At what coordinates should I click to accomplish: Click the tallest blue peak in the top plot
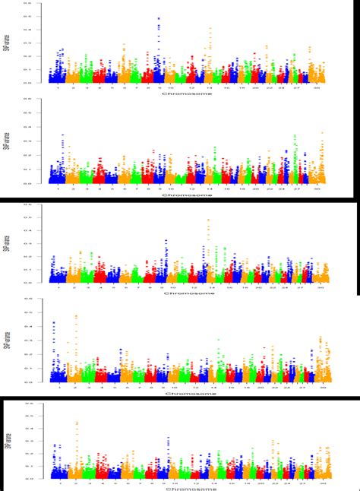click(x=158, y=18)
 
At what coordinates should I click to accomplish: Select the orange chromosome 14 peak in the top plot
click(x=210, y=30)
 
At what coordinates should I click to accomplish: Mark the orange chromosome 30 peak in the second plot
click(x=322, y=134)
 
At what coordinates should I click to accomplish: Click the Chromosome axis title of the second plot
click(x=188, y=195)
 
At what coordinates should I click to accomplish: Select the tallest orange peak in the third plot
click(x=208, y=221)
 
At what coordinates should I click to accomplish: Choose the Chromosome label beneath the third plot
click(x=188, y=294)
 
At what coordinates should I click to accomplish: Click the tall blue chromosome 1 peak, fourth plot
click(x=53, y=323)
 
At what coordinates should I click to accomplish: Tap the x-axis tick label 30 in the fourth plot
click(x=324, y=387)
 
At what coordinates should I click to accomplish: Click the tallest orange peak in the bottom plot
click(x=77, y=423)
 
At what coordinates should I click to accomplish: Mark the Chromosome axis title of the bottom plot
click(x=188, y=489)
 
